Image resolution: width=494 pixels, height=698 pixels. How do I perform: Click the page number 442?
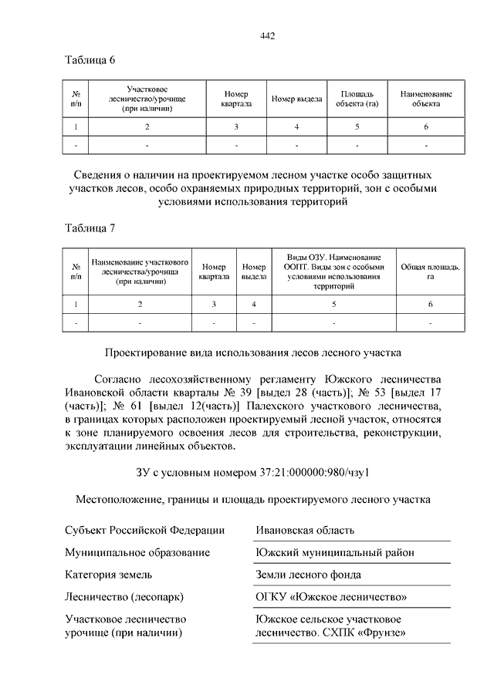[x=268, y=36]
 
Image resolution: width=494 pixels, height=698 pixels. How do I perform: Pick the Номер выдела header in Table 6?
[x=296, y=99]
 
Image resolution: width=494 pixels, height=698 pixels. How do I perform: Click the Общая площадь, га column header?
[x=430, y=271]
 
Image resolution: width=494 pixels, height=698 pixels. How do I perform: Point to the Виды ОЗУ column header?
[x=334, y=271]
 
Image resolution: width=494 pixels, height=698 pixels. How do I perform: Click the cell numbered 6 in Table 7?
[x=430, y=305]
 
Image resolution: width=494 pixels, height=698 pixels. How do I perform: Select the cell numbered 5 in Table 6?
[x=357, y=126]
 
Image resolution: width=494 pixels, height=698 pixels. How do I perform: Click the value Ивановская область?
[x=305, y=530]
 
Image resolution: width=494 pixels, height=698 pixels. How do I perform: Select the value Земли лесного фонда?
[x=308, y=575]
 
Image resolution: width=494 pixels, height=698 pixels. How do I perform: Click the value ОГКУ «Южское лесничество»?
[x=331, y=597]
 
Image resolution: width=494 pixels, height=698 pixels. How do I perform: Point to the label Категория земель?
[x=108, y=575]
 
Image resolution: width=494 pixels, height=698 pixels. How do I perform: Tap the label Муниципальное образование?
[x=137, y=552]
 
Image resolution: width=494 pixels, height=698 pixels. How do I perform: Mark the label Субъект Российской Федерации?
[x=144, y=530]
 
